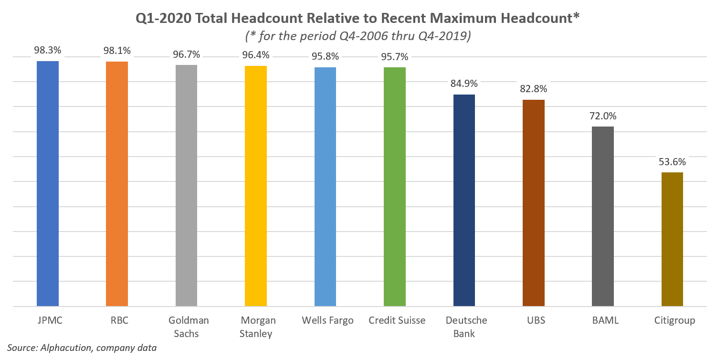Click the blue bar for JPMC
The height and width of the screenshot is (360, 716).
click(48, 184)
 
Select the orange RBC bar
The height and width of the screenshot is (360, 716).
click(117, 184)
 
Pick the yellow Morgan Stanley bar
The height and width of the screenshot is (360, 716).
click(256, 186)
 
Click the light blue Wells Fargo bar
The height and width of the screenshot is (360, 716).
click(325, 187)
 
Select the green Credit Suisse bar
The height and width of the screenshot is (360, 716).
click(395, 187)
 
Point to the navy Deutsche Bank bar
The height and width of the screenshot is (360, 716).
click(464, 201)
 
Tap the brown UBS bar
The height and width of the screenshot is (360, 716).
click(534, 203)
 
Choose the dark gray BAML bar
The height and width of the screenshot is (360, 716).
click(603, 216)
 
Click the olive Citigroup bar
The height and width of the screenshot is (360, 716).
click(672, 239)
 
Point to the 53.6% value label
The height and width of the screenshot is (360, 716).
click(672, 162)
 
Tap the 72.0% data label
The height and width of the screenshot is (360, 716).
click(603, 116)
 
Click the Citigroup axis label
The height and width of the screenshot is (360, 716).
click(674, 320)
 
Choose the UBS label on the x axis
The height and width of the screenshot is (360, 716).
click(534, 320)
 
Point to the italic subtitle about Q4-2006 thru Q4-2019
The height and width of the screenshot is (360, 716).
click(358, 36)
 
